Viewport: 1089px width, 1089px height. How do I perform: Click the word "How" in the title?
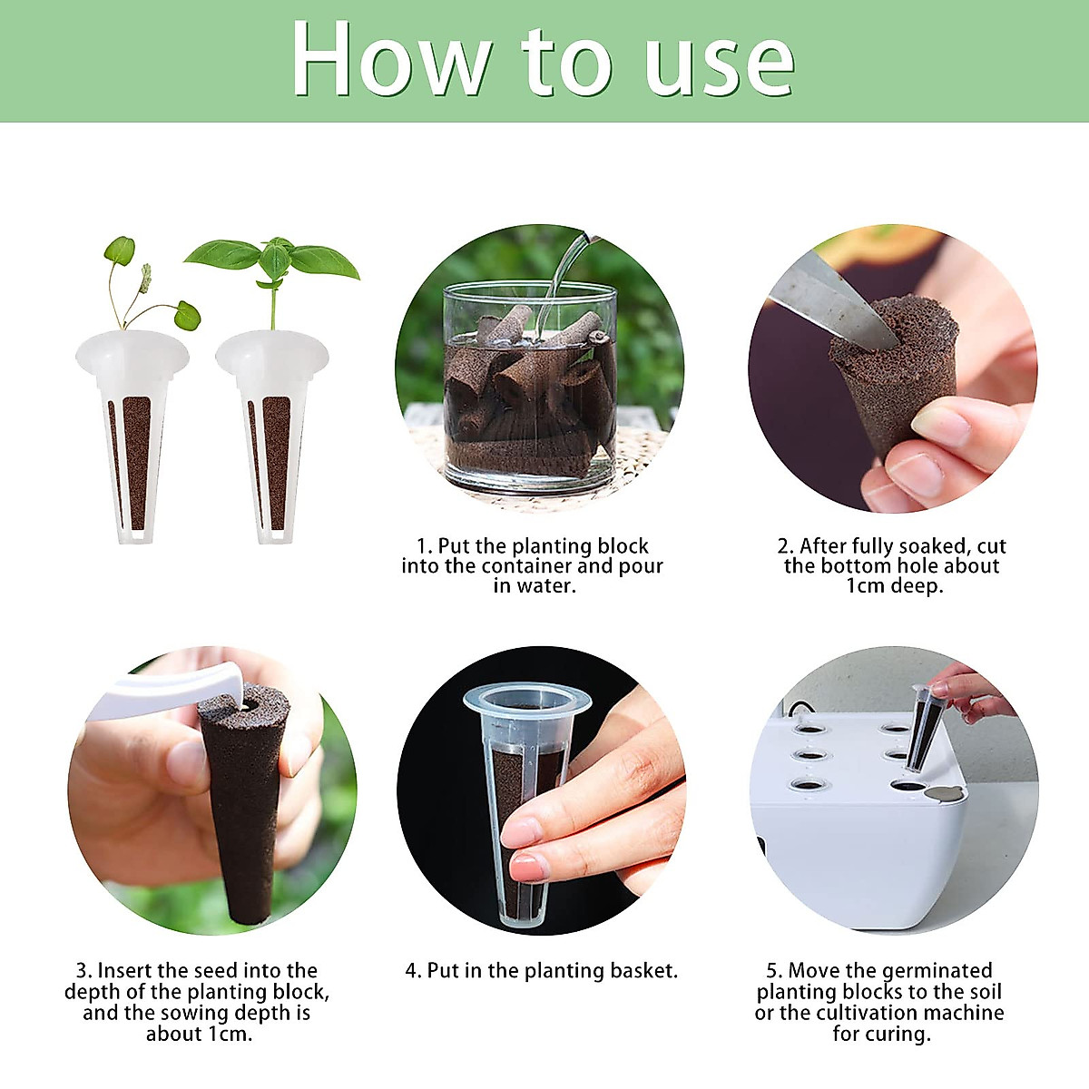tap(390, 60)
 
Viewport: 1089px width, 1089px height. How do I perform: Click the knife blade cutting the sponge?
tap(829, 299)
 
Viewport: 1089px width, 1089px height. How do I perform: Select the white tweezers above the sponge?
tap(170, 688)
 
